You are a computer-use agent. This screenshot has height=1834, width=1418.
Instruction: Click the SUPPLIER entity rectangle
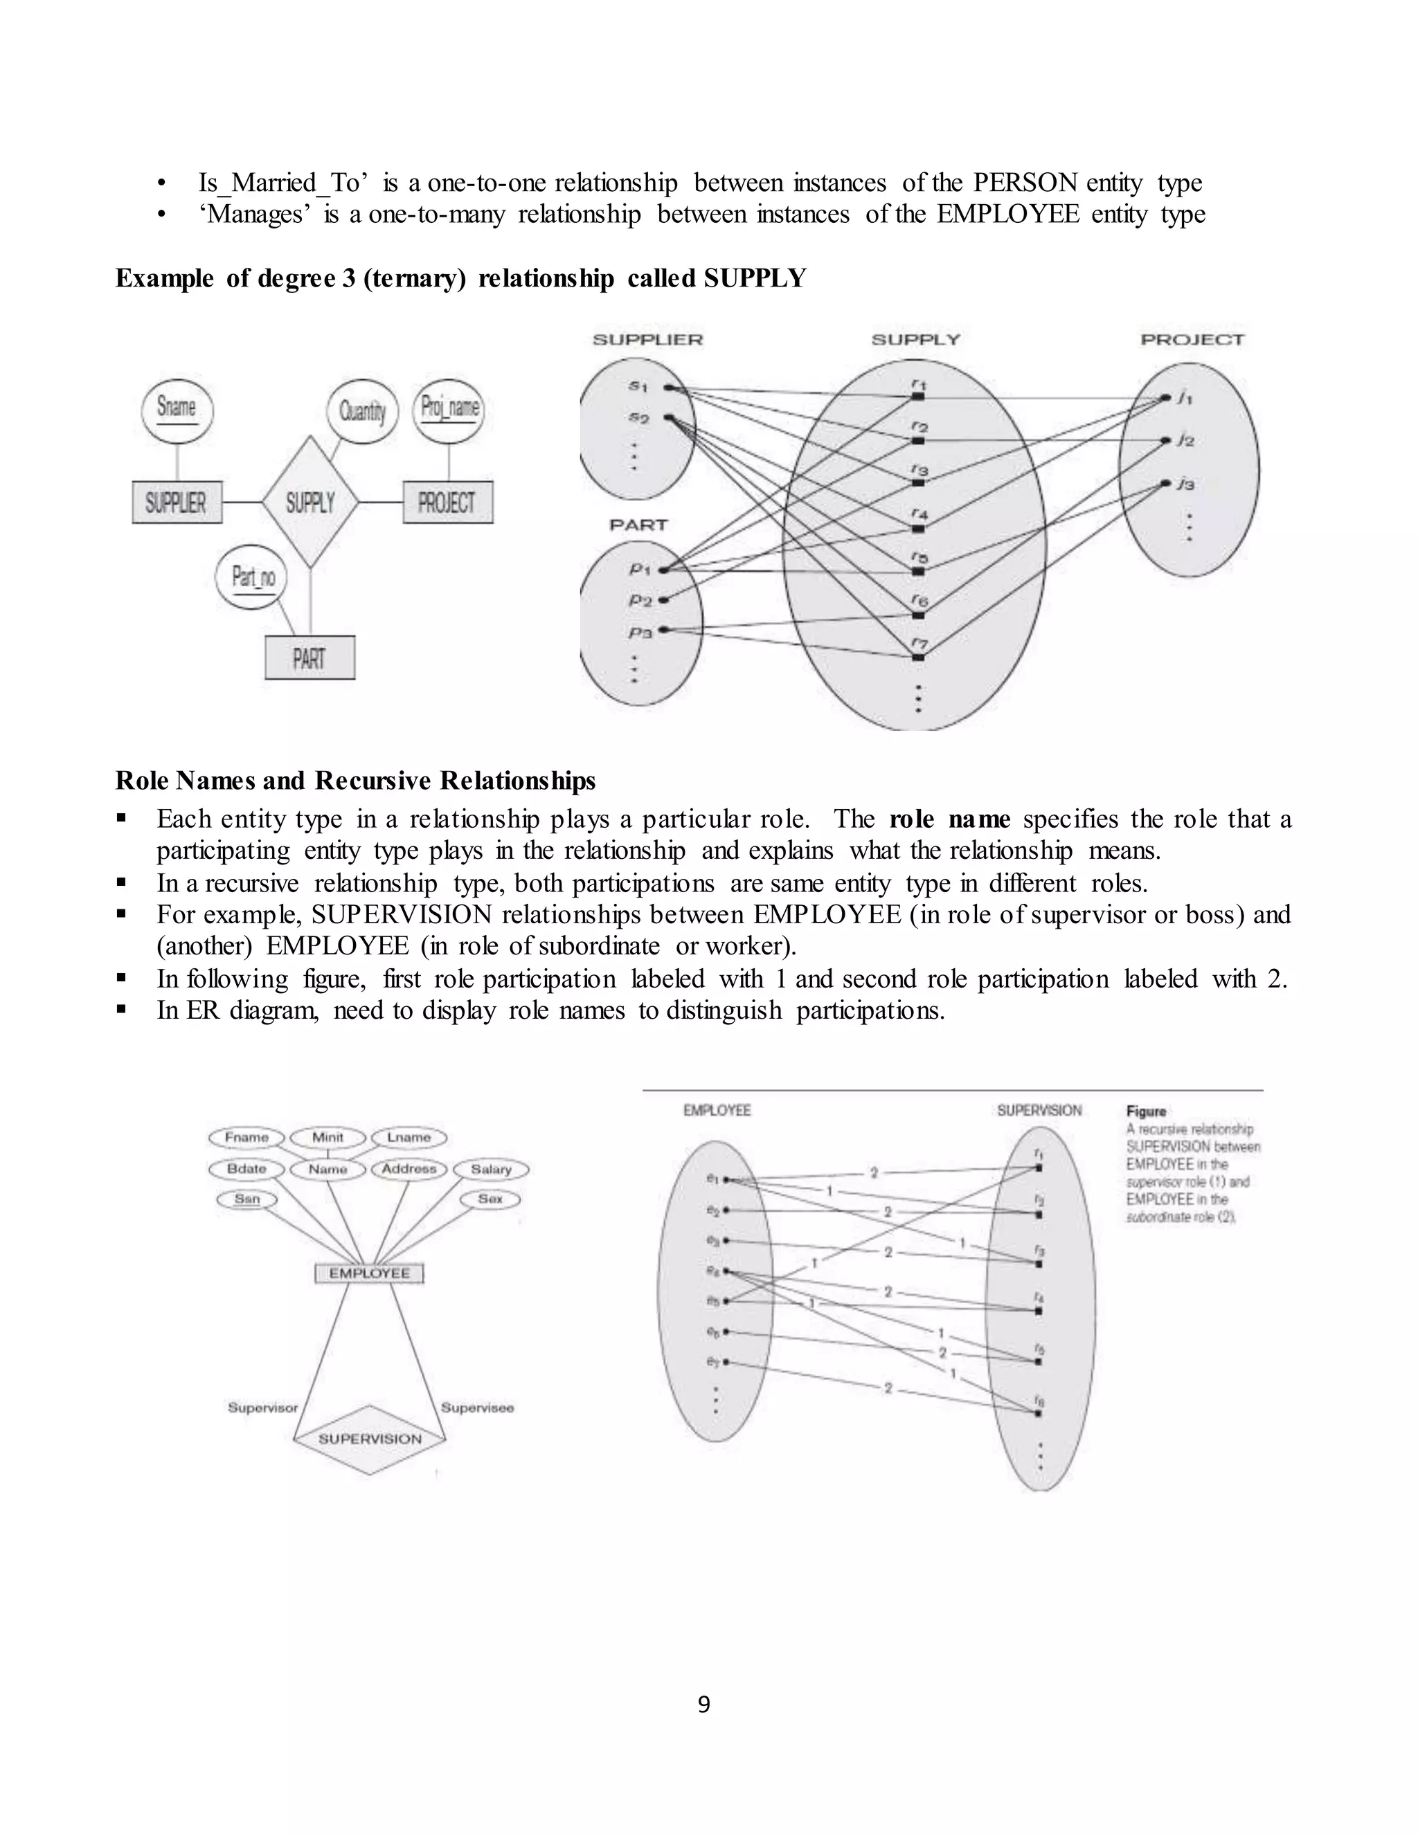177,502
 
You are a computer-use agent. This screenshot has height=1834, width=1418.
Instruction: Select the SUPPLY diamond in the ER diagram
310,502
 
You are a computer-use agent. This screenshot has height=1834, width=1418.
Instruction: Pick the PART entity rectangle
309,657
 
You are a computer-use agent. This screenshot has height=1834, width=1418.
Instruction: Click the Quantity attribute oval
362,410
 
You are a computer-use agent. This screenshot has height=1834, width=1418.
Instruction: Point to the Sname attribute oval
177,409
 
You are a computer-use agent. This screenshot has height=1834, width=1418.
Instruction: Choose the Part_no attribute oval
252,577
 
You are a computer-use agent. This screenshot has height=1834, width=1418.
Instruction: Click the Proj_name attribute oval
449,409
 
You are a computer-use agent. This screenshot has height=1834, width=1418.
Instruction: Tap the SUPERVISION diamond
370,1439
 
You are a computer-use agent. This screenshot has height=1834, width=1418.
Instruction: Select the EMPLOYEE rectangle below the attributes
370,1273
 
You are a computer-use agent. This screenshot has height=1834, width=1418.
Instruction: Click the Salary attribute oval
492,1169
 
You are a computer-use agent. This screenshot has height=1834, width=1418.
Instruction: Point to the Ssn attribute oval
247,1199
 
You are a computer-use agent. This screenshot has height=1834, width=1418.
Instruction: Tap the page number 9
704,1704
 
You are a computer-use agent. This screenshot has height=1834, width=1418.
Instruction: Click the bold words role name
949,819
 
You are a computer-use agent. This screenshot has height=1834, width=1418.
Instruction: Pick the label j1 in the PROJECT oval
1185,398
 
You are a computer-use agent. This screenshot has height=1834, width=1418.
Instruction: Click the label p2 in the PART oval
641,601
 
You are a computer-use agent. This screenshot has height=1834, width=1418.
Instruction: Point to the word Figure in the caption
1146,1111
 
